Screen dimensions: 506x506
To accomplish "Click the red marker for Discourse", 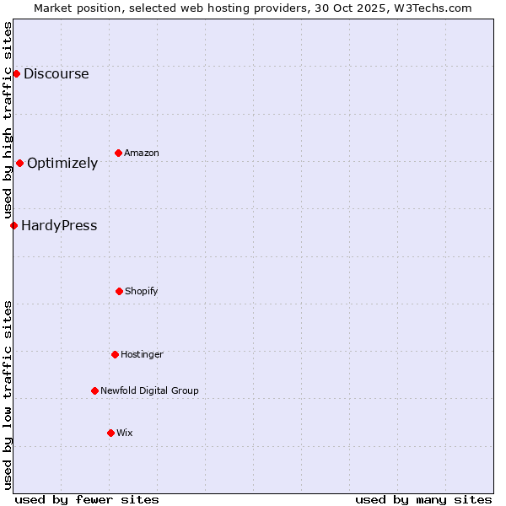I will [16, 74].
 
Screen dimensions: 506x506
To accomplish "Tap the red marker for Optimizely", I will [19, 163].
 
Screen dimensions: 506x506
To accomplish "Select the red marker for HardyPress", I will [13, 225].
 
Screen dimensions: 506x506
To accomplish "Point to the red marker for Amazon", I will [118, 153].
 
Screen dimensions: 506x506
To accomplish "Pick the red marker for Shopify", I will [119, 291].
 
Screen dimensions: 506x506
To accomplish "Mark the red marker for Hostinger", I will [115, 354].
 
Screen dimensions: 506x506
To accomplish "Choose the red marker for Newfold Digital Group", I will [94, 390].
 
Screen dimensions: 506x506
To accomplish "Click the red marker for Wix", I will [110, 433].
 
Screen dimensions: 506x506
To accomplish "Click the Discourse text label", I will [56, 74].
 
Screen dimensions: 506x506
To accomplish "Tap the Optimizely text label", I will [62, 164].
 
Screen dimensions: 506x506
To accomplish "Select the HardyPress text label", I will [59, 226].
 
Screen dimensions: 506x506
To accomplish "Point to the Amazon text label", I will [142, 153].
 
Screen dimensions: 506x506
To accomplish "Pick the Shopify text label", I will [142, 292].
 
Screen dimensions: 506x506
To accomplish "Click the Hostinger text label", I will [142, 355].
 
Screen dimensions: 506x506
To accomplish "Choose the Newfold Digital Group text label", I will [149, 391].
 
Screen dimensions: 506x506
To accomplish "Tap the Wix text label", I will [125, 433].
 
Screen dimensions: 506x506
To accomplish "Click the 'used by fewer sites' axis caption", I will [87, 500].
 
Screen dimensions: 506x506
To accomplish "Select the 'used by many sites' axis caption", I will [423, 500].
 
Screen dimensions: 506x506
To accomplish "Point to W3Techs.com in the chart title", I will [432, 8].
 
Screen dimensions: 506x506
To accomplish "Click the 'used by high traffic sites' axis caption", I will [8, 121].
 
